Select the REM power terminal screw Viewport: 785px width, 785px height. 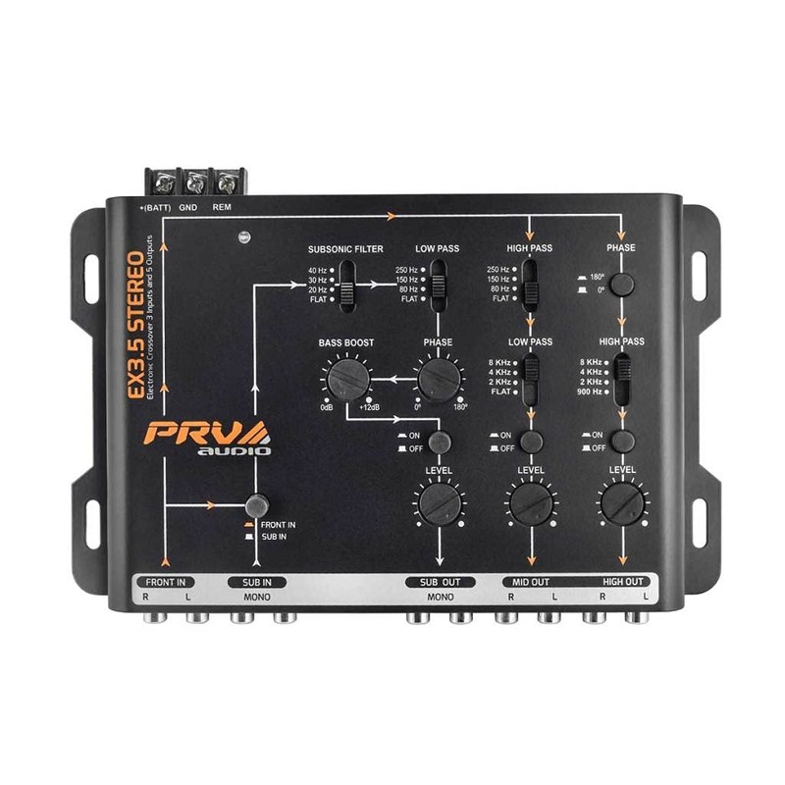[226, 183]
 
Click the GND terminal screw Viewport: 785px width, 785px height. [194, 183]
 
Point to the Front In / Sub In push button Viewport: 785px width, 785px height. [257, 505]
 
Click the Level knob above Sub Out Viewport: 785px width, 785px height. [432, 504]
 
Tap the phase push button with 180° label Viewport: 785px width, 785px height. [620, 286]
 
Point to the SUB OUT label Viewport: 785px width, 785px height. [441, 582]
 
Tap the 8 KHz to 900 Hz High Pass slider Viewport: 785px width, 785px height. [620, 378]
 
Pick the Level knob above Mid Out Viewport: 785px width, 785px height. [529, 504]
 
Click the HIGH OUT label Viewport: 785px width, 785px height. [622, 582]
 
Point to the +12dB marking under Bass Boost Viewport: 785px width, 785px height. [369, 406]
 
